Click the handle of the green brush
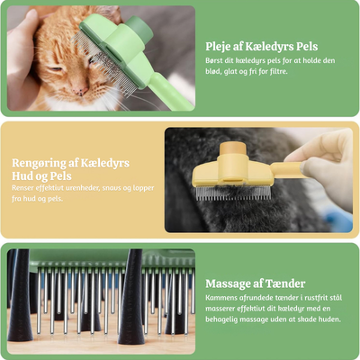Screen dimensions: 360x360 (169, 92)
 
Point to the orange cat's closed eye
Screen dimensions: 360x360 (56, 69)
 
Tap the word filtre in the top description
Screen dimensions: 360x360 (277, 72)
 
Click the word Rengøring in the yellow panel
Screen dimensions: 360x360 (39, 164)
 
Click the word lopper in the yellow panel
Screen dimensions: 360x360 (144, 189)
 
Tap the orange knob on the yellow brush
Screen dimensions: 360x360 (233, 149)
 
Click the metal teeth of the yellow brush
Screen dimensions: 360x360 (233, 193)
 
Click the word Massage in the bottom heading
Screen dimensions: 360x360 (229, 283)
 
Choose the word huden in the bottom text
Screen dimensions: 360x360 (329, 319)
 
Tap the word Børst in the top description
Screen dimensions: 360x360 (214, 61)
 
